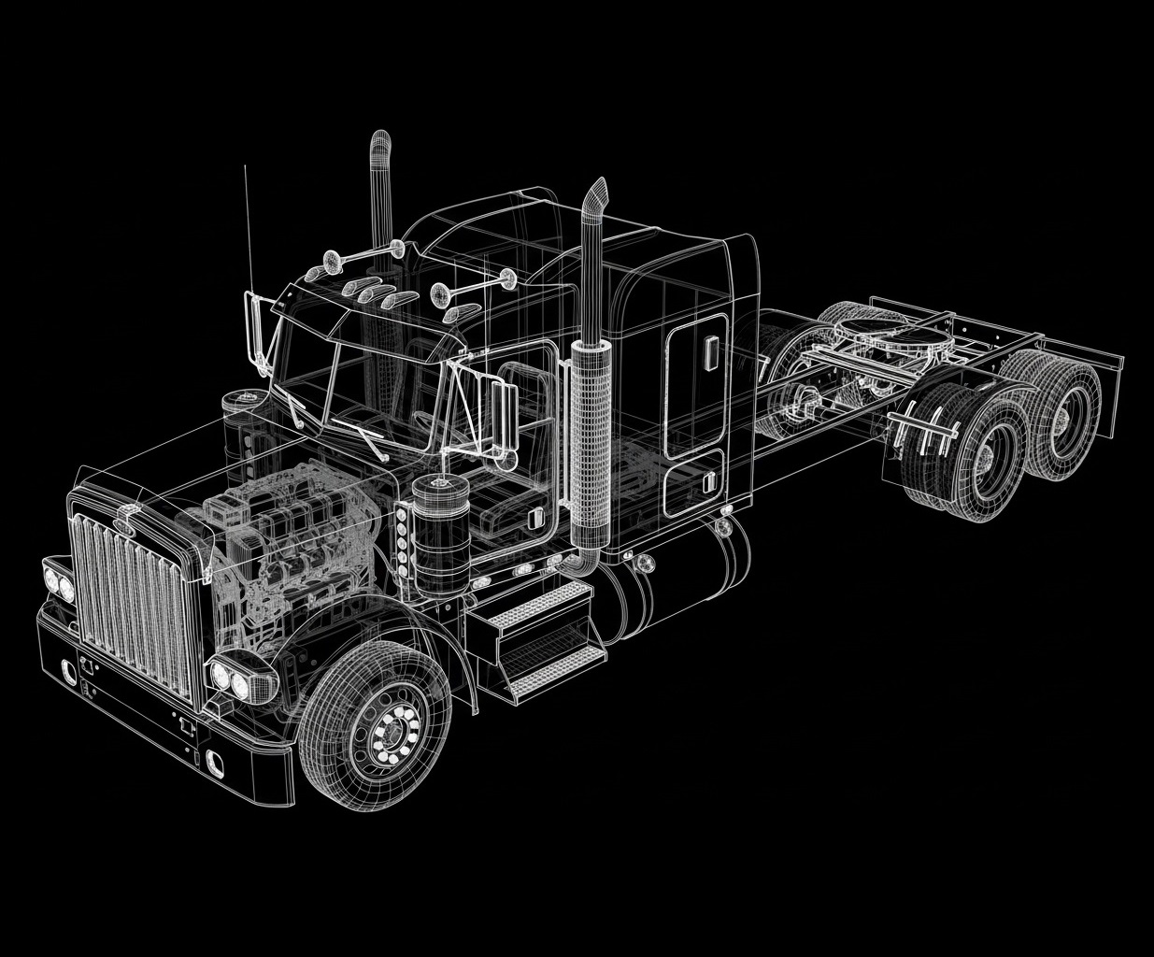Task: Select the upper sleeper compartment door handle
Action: (x=711, y=350)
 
